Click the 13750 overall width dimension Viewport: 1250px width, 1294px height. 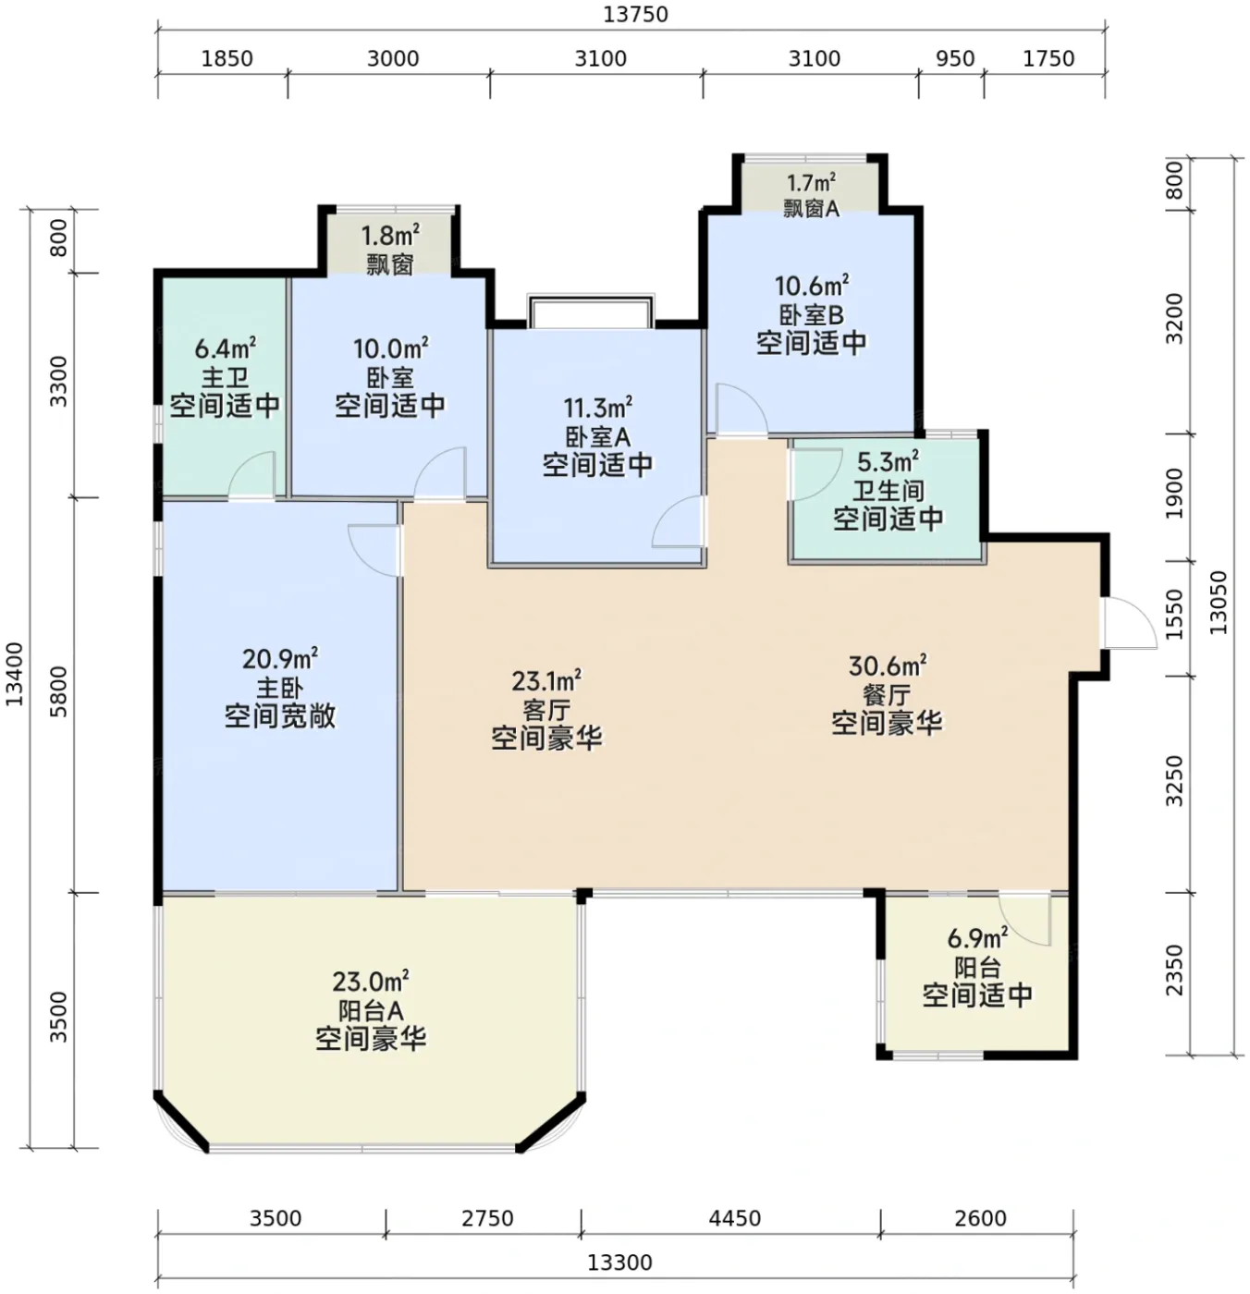click(x=634, y=15)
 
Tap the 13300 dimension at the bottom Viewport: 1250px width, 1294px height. click(x=619, y=1262)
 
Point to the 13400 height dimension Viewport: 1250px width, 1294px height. click(x=14, y=674)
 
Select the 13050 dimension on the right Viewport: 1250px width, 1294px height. click(x=1218, y=603)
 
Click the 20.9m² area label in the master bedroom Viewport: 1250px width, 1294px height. click(x=279, y=658)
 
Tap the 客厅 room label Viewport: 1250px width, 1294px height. click(x=546, y=710)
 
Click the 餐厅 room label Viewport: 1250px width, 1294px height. click(x=887, y=695)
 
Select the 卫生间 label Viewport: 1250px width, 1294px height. click(x=888, y=490)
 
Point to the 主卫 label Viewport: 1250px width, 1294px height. click(x=225, y=378)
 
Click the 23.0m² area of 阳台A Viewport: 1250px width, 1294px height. click(x=370, y=981)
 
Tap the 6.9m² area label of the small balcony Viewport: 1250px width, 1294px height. click(x=976, y=938)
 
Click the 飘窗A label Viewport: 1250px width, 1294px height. click(x=811, y=209)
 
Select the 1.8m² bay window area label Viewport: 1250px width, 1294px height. click(x=390, y=236)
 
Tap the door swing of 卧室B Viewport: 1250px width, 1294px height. click(x=741, y=409)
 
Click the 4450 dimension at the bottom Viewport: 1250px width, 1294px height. click(x=734, y=1218)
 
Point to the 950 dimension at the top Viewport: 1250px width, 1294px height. click(x=955, y=58)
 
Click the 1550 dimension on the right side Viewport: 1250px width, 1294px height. click(x=1175, y=615)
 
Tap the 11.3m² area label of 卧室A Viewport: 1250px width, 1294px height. click(x=597, y=407)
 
